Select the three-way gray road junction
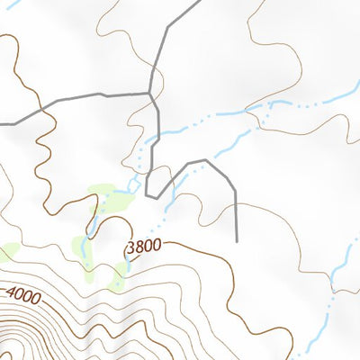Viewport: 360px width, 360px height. (149, 92)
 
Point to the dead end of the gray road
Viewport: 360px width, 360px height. (236, 240)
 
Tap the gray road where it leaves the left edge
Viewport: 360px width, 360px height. (2, 122)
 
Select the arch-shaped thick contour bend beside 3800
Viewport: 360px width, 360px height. (113, 220)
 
